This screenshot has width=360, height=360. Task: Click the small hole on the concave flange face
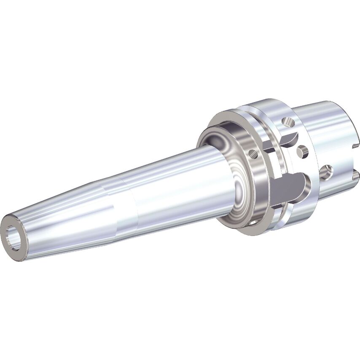[x=253, y=154]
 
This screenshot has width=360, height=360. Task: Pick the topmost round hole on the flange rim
[x=288, y=124]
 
